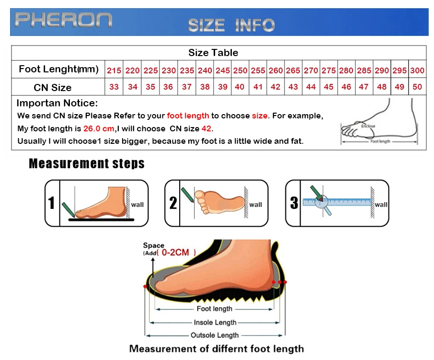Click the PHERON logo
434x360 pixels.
(x=63, y=21)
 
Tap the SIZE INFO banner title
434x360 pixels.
(x=231, y=25)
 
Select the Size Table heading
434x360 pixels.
(x=213, y=53)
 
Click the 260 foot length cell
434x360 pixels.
(x=275, y=70)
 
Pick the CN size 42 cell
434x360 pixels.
(x=275, y=87)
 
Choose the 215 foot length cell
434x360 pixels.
(x=114, y=70)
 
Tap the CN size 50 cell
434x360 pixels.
(x=417, y=87)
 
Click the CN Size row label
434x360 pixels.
(x=53, y=87)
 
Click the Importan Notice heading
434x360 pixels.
(x=57, y=103)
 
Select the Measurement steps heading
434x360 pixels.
(x=87, y=163)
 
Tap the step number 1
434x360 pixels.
(x=52, y=203)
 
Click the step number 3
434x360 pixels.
(x=294, y=203)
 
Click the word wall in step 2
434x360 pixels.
(x=256, y=205)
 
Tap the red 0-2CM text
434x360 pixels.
(x=175, y=252)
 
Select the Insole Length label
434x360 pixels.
(x=215, y=323)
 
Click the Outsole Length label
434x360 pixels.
(x=215, y=335)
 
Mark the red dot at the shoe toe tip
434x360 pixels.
(x=145, y=286)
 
